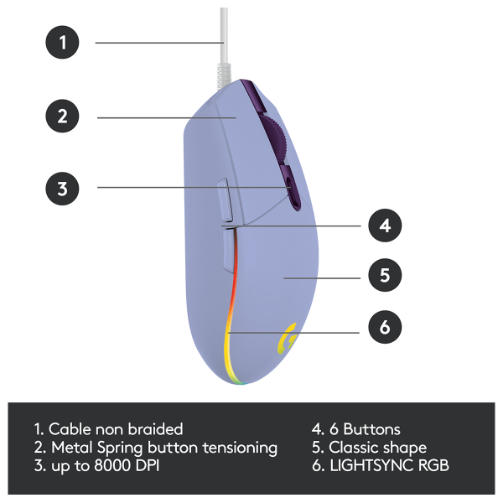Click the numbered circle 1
62,43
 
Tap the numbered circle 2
62,116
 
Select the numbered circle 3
62,189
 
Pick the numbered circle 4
385,226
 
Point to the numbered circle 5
385,275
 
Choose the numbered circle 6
385,327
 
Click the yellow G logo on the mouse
287,339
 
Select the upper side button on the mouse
226,200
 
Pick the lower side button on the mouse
229,250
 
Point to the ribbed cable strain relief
224,75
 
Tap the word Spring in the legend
120,449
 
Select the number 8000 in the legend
112,465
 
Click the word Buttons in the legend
371,429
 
